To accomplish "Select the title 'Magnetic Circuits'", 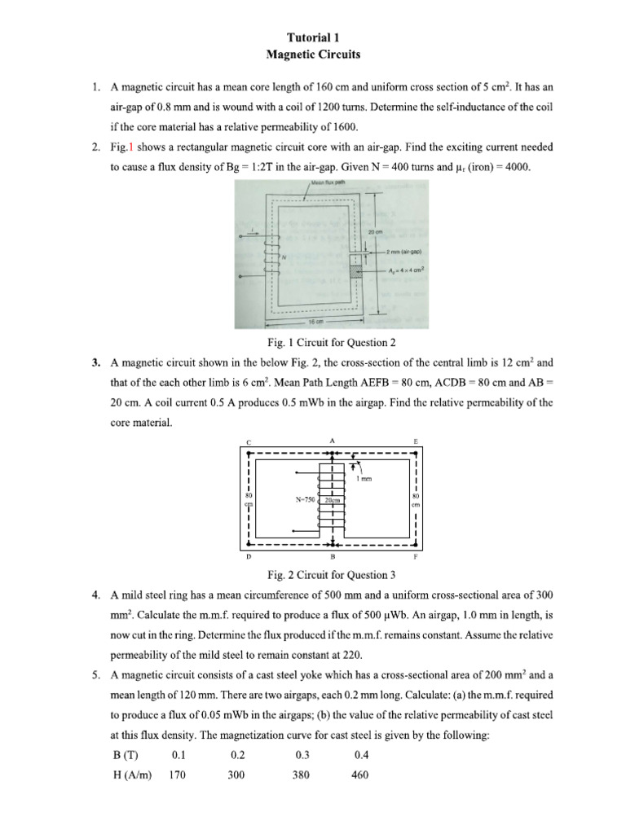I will coord(313,55).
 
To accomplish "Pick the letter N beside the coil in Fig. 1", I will coord(283,257).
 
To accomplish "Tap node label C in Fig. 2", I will coord(248,442).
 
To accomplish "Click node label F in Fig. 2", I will coord(416,558).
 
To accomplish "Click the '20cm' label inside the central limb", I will coord(333,499).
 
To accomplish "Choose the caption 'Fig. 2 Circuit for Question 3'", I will coord(313,574).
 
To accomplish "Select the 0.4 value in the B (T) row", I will coord(361,755).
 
